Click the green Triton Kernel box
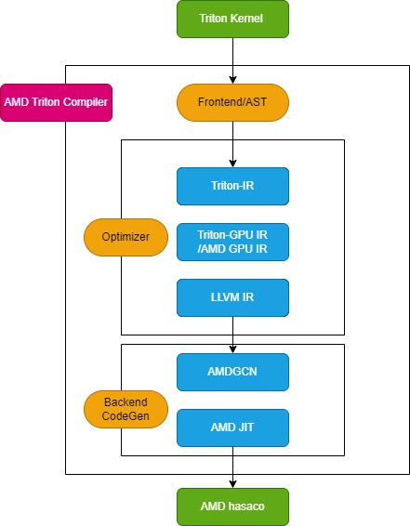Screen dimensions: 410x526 pyautogui.click(x=232, y=19)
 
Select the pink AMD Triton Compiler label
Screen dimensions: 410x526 pyautogui.click(x=56, y=102)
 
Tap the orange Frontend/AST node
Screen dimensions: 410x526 pyautogui.click(x=232, y=102)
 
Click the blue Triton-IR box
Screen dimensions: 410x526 pyautogui.click(x=232, y=186)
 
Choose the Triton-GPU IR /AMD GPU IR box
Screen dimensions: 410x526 pyautogui.click(x=232, y=242)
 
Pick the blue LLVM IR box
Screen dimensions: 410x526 pyautogui.click(x=232, y=297)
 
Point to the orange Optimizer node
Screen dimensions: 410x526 pyautogui.click(x=126, y=237)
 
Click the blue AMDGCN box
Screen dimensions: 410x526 pyautogui.click(x=232, y=372)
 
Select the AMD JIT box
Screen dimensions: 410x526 pyautogui.click(x=232, y=427)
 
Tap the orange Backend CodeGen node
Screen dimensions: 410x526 pyautogui.click(x=126, y=409)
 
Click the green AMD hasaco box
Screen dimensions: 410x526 pyautogui.click(x=232, y=506)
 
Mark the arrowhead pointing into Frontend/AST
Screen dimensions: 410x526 pyautogui.click(x=232, y=80)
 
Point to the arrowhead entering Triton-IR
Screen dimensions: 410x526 pyautogui.click(x=232, y=164)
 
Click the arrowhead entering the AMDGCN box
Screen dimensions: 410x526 pyautogui.click(x=232, y=349)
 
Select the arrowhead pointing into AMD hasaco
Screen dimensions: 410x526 pyautogui.click(x=232, y=484)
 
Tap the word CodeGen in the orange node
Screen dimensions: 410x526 pyautogui.click(x=126, y=416)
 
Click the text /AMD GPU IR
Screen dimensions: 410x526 pyautogui.click(x=232, y=249)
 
